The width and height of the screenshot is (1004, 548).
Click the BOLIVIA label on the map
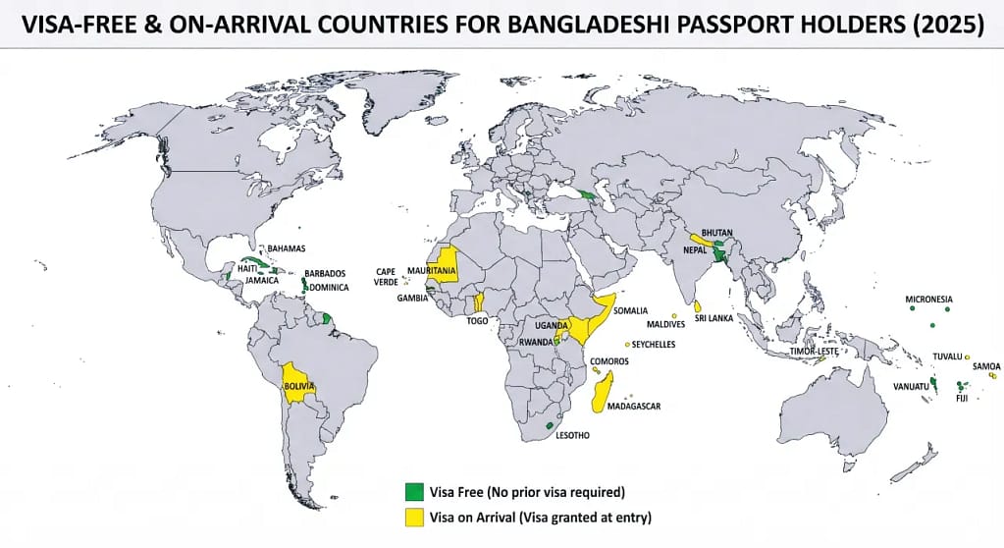tap(299, 387)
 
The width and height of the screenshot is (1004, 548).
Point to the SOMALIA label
tap(630, 311)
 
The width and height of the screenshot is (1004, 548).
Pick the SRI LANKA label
tap(715, 319)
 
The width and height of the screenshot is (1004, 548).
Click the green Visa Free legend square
tap(414, 491)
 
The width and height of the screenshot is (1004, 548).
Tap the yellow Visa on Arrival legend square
tap(414, 516)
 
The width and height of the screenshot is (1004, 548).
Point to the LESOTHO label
tap(572, 436)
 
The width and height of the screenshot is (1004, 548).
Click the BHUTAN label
tap(718, 233)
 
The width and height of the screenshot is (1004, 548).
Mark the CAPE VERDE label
tap(387, 277)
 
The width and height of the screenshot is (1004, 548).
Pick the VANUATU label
tap(910, 386)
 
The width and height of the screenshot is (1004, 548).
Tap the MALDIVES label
tap(665, 324)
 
